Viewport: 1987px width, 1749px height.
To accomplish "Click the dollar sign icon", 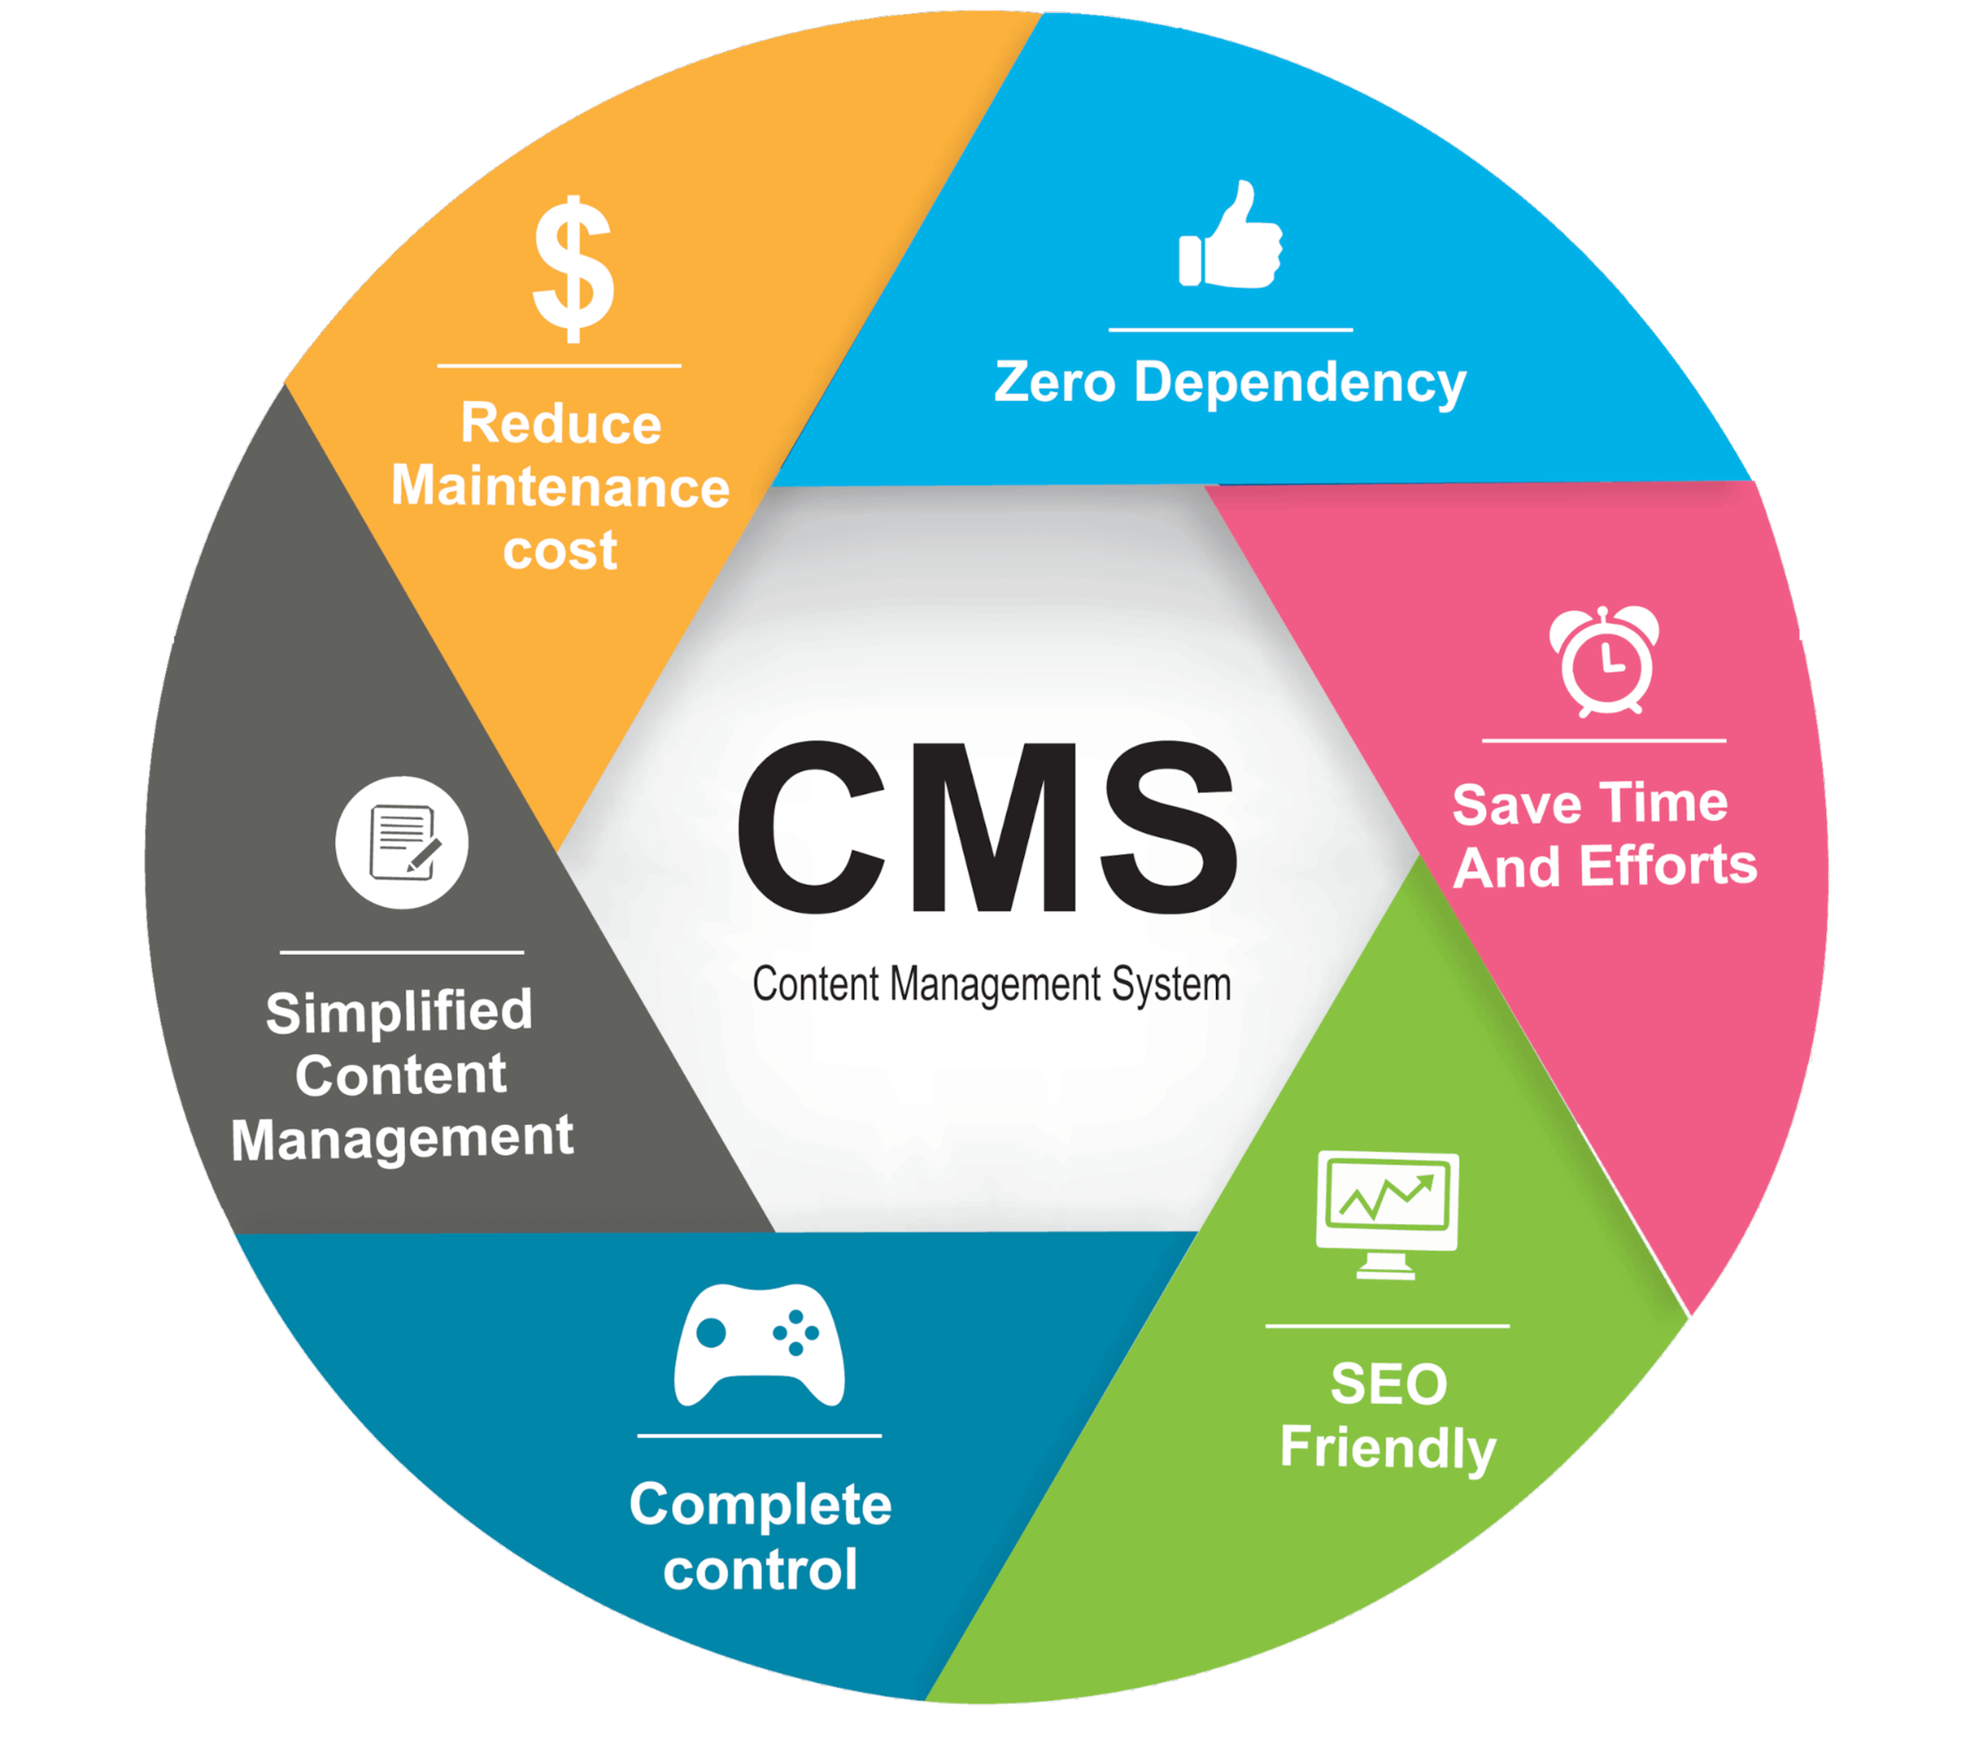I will (x=573, y=269).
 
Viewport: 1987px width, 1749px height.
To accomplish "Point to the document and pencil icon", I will (x=402, y=843).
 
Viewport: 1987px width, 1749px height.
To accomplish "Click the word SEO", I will (x=1388, y=1385).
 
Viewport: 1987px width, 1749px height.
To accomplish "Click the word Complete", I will (x=760, y=1506).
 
